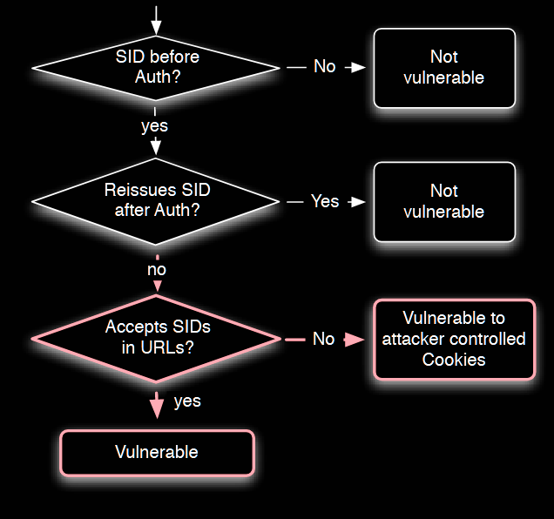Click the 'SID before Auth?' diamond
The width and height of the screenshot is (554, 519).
click(x=156, y=67)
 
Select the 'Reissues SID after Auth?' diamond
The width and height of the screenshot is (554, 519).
click(x=156, y=201)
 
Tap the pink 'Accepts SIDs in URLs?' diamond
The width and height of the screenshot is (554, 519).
click(x=156, y=339)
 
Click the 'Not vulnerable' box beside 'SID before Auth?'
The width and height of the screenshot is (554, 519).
click(x=444, y=68)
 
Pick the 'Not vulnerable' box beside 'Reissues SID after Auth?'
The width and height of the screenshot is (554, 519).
click(x=444, y=202)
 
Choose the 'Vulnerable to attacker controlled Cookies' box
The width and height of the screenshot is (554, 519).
click(x=455, y=339)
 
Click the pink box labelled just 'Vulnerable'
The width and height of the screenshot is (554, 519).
click(x=157, y=453)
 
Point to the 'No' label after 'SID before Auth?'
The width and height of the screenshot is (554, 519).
click(x=324, y=66)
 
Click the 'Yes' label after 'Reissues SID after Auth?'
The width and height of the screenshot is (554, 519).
click(x=325, y=201)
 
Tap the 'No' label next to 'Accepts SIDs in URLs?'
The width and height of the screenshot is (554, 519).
click(x=324, y=339)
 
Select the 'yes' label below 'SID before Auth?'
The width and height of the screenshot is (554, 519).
click(x=155, y=126)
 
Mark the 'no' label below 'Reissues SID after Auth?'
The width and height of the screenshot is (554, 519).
click(x=157, y=270)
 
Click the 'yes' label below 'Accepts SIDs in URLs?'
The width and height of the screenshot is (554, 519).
click(x=187, y=401)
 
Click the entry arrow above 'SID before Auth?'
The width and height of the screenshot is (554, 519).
click(x=156, y=21)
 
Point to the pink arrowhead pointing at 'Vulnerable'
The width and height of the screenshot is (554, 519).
click(x=156, y=409)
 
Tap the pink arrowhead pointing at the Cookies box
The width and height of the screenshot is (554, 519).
click(x=354, y=340)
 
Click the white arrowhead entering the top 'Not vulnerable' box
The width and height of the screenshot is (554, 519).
click(x=358, y=67)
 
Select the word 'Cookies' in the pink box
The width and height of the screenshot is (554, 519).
click(x=454, y=360)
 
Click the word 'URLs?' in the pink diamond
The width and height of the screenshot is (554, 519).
click(x=167, y=347)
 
